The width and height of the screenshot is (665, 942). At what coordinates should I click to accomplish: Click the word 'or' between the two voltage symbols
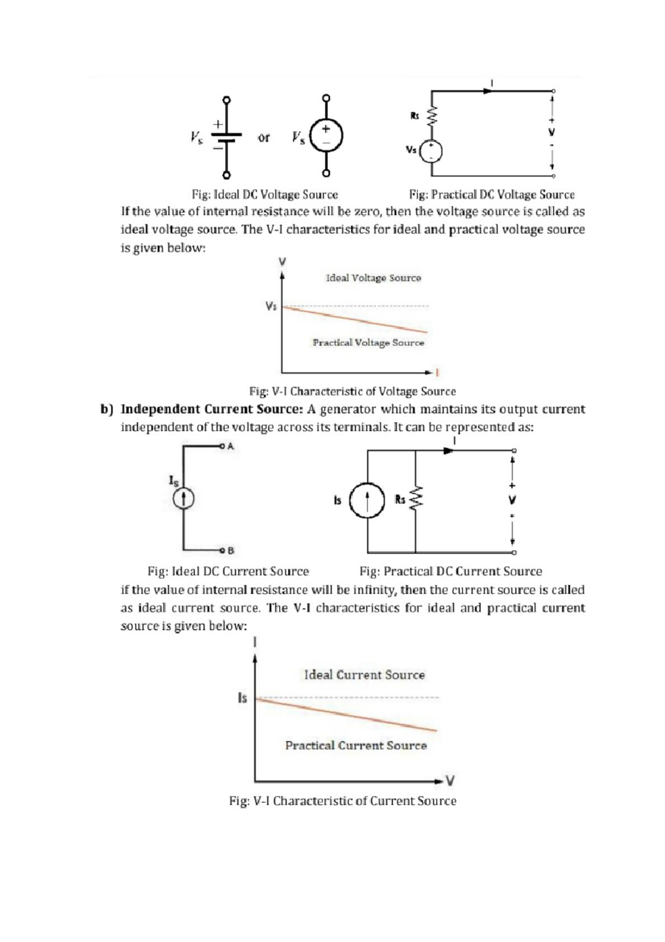264,138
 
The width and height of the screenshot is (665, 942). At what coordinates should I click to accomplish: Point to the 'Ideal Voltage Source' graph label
373,278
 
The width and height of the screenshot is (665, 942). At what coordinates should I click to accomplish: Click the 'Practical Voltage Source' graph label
368,343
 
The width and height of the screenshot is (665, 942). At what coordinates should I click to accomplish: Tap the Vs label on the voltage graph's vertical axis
271,306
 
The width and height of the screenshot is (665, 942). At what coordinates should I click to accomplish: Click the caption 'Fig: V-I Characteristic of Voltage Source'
352,392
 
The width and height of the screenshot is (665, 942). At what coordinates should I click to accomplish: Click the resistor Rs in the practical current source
416,499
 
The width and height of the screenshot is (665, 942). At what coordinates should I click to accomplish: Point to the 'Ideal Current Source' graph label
364,675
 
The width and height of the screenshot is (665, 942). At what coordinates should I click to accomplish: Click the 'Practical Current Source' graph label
356,746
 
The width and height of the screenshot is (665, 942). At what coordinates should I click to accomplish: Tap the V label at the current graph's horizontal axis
451,781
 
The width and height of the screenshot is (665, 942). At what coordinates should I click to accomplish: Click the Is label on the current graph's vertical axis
242,698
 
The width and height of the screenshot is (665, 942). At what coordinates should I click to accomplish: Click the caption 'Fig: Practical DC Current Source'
451,571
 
